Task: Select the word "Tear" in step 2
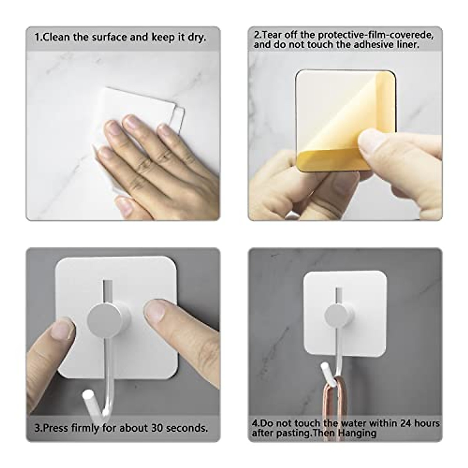pyautogui.click(x=272, y=35)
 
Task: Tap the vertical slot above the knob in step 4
pyautogui.click(x=339, y=295)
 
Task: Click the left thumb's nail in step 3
pyautogui.click(x=63, y=330)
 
